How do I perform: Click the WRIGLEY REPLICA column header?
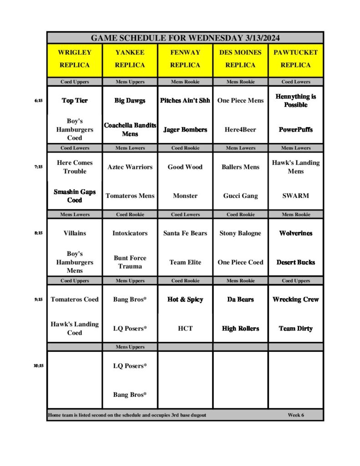pyautogui.click(x=75, y=59)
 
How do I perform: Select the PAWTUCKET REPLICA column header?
pyautogui.click(x=296, y=59)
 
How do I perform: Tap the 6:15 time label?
pyautogui.click(x=38, y=101)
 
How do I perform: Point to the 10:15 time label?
pyautogui.click(x=38, y=365)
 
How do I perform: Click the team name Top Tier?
pyautogui.click(x=75, y=101)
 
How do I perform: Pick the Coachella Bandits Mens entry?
pyautogui.click(x=130, y=130)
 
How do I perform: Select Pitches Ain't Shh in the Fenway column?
pyautogui.click(x=185, y=101)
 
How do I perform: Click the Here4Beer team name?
pyautogui.click(x=240, y=130)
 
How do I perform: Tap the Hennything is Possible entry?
pyautogui.click(x=296, y=101)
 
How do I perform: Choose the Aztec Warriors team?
pyautogui.click(x=130, y=167)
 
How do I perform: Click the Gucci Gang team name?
pyautogui.click(x=240, y=196)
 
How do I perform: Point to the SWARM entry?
pyautogui.click(x=296, y=196)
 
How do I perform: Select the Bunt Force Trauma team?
pyautogui.click(x=130, y=262)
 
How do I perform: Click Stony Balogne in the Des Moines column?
pyautogui.click(x=240, y=233)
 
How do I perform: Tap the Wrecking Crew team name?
pyautogui.click(x=296, y=299)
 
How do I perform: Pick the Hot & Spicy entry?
pyautogui.click(x=185, y=299)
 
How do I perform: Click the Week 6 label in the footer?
pyautogui.click(x=296, y=415)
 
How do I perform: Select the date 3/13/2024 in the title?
pyautogui.click(x=259, y=38)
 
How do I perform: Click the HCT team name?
pyautogui.click(x=185, y=328)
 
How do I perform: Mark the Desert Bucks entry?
pyautogui.click(x=296, y=262)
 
